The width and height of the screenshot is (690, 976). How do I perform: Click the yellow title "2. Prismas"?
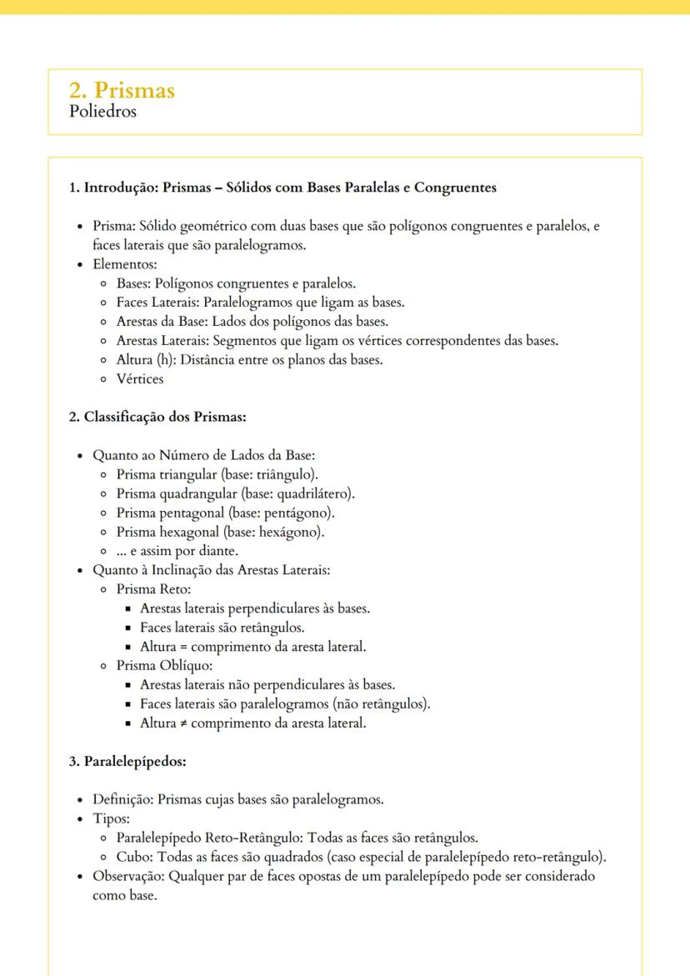(122, 90)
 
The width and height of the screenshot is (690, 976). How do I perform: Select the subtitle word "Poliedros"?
(102, 111)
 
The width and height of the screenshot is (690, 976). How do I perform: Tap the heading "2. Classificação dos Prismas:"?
(157, 417)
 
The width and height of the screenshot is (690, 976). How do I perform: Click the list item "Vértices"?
(140, 379)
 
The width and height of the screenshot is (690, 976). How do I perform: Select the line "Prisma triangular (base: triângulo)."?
(217, 474)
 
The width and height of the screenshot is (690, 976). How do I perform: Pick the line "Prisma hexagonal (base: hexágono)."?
(220, 532)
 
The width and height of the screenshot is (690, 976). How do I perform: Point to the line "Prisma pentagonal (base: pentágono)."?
(225, 513)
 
